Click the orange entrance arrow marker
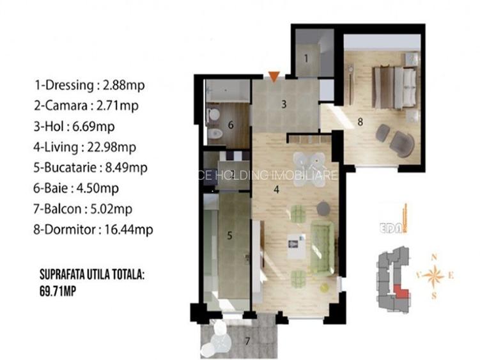coord(273,77)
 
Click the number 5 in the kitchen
coord(229,235)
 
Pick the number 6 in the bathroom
coord(230,124)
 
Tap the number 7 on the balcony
coord(247,340)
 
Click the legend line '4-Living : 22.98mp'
coord(86,147)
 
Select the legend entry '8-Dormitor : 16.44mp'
coord(94,229)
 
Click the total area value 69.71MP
coord(62,289)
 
